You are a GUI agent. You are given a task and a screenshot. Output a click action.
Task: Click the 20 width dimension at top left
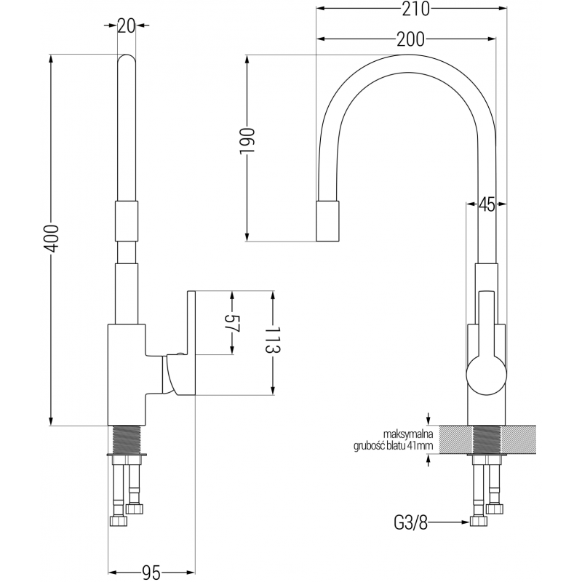127,25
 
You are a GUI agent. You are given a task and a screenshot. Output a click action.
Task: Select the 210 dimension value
412,9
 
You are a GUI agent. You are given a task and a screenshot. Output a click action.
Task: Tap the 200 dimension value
411,39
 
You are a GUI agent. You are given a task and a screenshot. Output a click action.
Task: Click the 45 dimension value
487,205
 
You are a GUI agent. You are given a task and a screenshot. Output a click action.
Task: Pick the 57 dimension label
231,324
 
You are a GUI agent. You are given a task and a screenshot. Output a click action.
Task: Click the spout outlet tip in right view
328,222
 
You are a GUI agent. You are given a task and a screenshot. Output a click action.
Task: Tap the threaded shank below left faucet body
127,439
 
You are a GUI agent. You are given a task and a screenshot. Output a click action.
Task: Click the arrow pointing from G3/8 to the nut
450,521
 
